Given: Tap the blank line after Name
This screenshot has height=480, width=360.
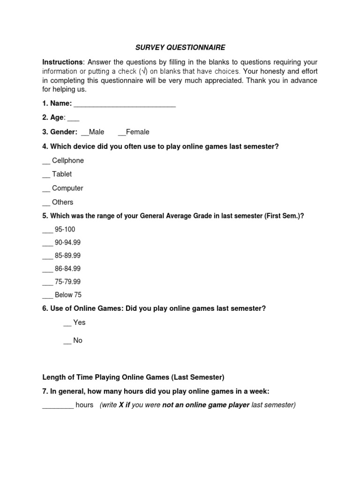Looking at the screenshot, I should (125, 104).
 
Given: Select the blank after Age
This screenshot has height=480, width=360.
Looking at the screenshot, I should (74, 118).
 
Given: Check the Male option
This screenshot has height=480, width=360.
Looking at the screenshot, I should (93, 132).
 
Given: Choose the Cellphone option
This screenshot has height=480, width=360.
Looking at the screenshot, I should (63, 160).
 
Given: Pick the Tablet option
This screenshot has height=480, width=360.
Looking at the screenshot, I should (57, 174).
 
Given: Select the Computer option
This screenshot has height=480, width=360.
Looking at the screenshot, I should (62, 188).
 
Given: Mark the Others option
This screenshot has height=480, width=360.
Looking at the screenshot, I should (58, 202).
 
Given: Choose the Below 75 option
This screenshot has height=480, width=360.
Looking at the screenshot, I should (62, 295).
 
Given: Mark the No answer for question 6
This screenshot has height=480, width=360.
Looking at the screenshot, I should (73, 340).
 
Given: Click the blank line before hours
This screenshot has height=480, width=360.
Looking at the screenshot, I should (58, 405).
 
